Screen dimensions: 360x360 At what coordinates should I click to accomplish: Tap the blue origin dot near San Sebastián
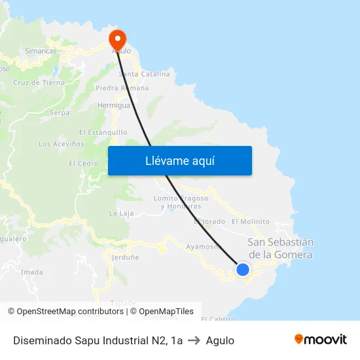click(243, 269)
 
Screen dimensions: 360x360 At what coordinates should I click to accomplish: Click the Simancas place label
click(41, 50)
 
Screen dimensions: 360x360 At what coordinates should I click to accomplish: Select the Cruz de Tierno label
click(39, 83)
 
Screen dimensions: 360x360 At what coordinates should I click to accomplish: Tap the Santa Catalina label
click(144, 74)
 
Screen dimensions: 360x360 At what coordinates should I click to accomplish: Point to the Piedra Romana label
click(122, 88)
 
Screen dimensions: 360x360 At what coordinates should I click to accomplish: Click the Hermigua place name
click(113, 105)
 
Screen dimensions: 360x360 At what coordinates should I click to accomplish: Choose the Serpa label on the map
click(60, 113)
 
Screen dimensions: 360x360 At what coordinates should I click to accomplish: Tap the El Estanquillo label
click(103, 132)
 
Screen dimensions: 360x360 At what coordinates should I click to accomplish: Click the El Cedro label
click(83, 164)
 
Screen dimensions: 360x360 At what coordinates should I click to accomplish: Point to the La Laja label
click(121, 213)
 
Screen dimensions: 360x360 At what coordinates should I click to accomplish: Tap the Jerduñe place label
click(125, 257)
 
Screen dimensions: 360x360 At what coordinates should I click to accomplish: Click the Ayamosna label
click(204, 247)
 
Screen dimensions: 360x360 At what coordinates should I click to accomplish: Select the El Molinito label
click(251, 222)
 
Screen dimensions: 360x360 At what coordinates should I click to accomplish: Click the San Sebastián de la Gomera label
click(281, 248)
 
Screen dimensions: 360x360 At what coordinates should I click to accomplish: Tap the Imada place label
click(32, 272)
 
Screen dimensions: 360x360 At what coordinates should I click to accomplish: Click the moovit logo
click(321, 340)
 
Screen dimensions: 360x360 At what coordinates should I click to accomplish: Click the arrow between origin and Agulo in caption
click(194, 340)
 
